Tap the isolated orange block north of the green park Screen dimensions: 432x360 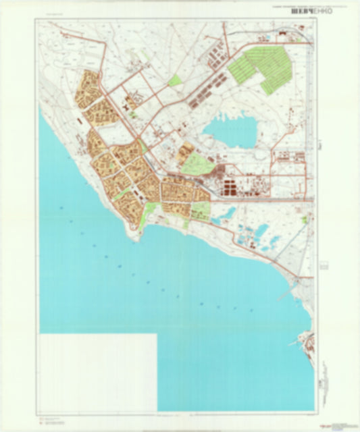click(x=182, y=149)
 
